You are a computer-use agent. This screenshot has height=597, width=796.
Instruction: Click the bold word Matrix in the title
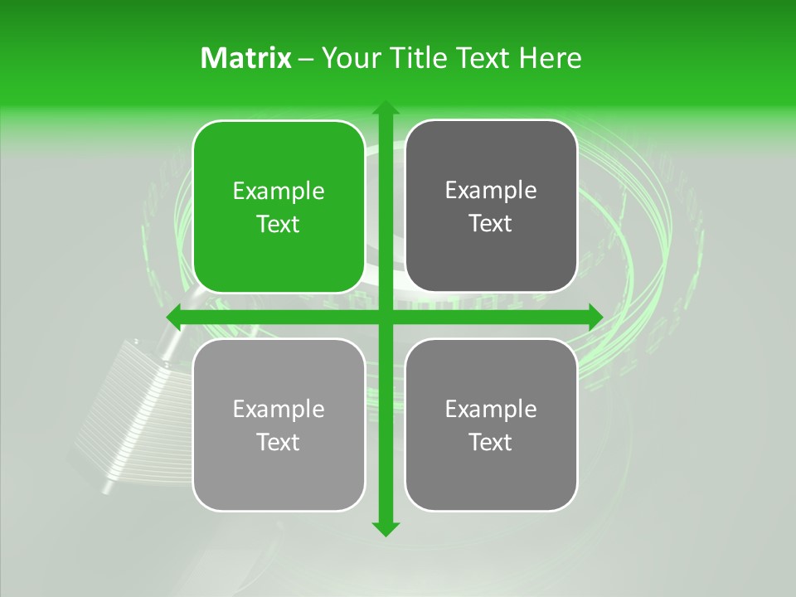[246, 58]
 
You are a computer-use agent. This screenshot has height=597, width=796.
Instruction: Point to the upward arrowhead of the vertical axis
[385, 108]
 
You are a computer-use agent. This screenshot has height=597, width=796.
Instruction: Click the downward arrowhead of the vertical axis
[385, 528]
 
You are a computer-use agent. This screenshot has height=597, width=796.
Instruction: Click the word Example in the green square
[279, 192]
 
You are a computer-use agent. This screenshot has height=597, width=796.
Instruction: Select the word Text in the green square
[279, 224]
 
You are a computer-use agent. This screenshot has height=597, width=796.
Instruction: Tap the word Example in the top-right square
[491, 191]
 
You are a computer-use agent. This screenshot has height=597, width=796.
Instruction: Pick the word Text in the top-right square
[491, 223]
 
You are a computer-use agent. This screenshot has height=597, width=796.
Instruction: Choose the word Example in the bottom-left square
[279, 410]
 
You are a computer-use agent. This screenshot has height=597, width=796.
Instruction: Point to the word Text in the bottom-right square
[491, 442]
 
